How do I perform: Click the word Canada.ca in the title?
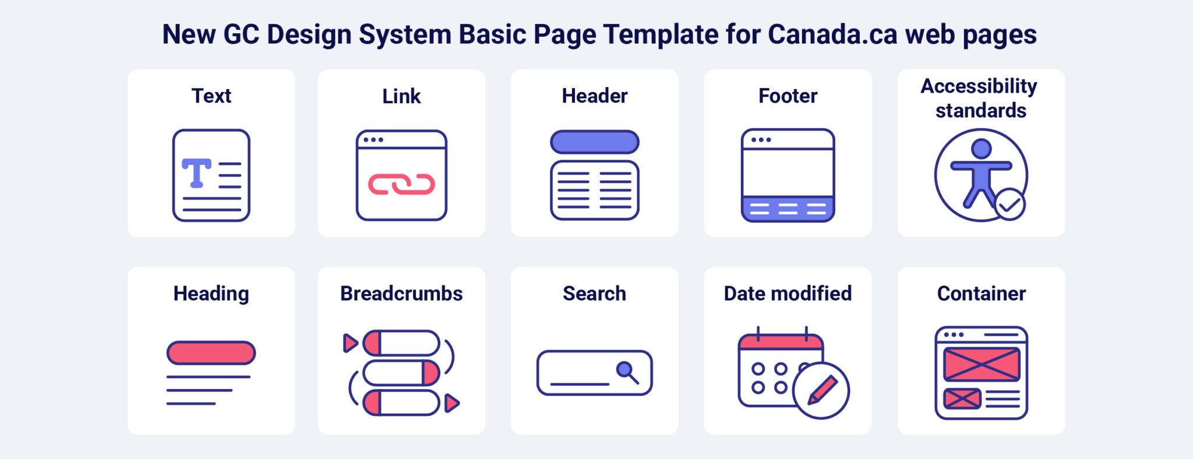tap(832, 34)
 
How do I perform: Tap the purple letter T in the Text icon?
tap(196, 172)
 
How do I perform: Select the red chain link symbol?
tap(401, 185)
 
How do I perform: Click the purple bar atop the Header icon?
tap(594, 142)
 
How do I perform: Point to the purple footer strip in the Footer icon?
tap(788, 209)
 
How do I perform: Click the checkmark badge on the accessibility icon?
tap(1010, 204)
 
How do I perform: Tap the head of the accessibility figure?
tap(981, 149)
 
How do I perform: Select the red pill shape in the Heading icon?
tap(211, 353)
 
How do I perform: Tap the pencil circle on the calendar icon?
tap(821, 390)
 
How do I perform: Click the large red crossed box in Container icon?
tap(982, 364)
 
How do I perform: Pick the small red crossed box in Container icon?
tap(962, 398)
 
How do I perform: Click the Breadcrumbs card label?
tap(401, 294)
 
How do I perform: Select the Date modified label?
tap(788, 294)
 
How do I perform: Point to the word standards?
tap(981, 111)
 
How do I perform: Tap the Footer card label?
tap(788, 96)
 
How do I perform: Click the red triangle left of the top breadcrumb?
tap(350, 343)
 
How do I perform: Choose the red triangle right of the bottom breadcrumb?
tap(451, 403)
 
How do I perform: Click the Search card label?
tap(594, 294)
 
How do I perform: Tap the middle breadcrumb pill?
tap(401, 373)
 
